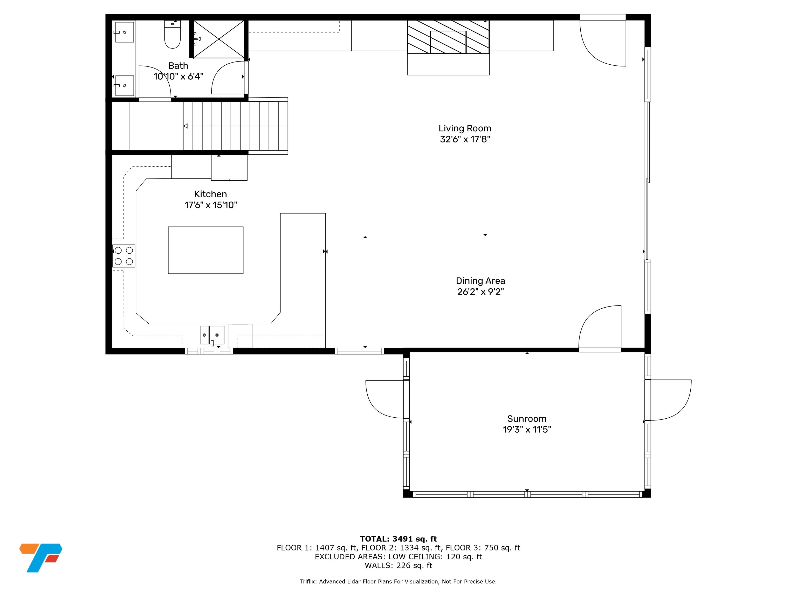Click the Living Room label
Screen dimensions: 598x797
point(465,128)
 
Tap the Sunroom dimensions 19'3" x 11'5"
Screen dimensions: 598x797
point(527,429)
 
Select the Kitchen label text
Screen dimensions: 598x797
point(211,194)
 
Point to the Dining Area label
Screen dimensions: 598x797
point(480,281)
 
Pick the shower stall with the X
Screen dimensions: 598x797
point(219,39)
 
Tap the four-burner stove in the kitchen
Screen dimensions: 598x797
point(123,256)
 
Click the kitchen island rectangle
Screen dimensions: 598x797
point(206,250)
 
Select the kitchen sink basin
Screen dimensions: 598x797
point(217,335)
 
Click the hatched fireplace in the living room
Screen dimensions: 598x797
point(448,37)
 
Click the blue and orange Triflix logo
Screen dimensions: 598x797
point(41,558)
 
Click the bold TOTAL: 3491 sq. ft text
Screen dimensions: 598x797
point(398,539)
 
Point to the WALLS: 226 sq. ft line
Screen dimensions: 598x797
point(398,566)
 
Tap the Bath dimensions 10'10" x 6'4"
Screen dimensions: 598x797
point(178,76)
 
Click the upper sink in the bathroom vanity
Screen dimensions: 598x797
point(124,32)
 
